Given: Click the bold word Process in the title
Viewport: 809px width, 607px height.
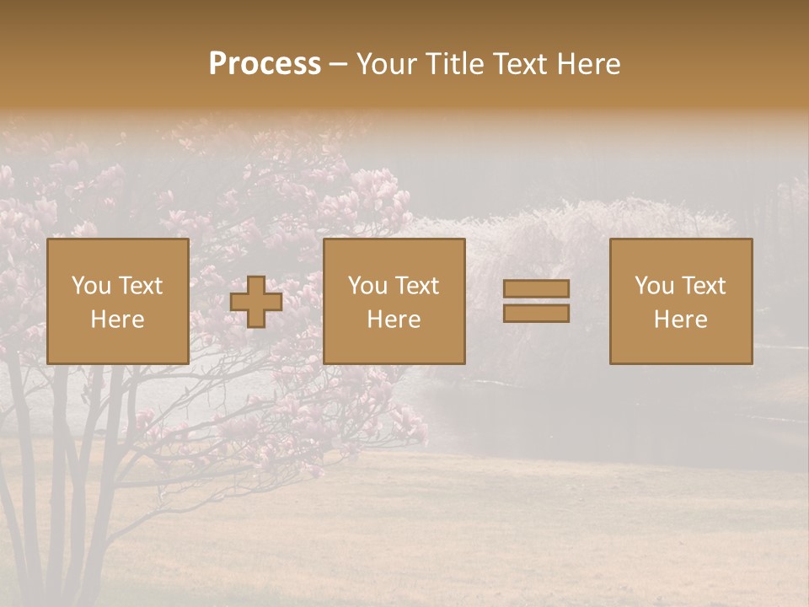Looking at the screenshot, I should [x=265, y=64].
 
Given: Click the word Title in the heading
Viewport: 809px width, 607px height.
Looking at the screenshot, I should [x=455, y=64].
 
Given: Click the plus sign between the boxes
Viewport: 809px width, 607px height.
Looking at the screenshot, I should [x=256, y=302].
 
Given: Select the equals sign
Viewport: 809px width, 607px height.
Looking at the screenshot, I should [x=536, y=301].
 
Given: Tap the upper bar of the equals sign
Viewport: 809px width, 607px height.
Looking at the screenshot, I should [x=536, y=289].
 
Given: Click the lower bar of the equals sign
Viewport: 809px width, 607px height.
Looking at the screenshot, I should [x=536, y=313].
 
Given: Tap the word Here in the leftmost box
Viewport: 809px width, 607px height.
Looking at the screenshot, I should [x=117, y=320].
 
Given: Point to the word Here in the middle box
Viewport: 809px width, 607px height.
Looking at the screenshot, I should [x=394, y=320].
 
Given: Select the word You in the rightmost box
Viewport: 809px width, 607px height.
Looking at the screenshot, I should [x=653, y=286].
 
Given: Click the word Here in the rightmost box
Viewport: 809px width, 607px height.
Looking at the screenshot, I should [x=681, y=320].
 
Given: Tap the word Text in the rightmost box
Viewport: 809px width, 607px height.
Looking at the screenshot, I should [x=705, y=286].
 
